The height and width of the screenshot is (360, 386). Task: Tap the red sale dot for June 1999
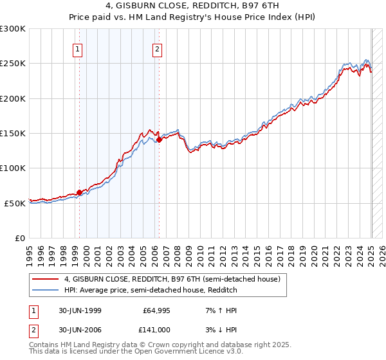pos(80,192)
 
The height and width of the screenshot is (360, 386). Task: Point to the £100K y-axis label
pos(13,168)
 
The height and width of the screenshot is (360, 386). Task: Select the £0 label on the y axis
pos(19,238)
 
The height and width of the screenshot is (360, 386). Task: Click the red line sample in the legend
pos(45,280)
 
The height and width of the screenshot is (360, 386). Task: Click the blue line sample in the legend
pos(45,290)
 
